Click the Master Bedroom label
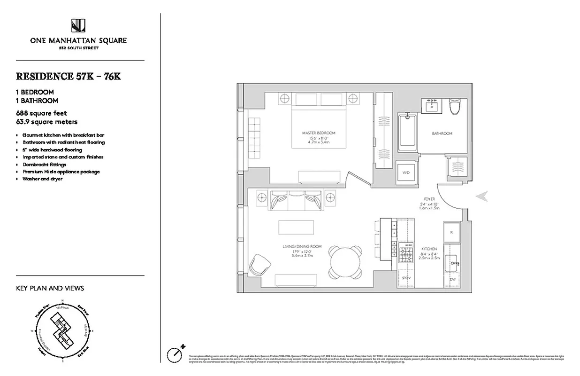click(319, 133)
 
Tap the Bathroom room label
click(442, 133)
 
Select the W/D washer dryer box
click(406, 172)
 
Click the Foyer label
click(429, 199)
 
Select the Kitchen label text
click(429, 249)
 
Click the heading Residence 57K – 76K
click(69, 77)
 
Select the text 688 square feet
click(41, 113)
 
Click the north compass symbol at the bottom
click(175, 353)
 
